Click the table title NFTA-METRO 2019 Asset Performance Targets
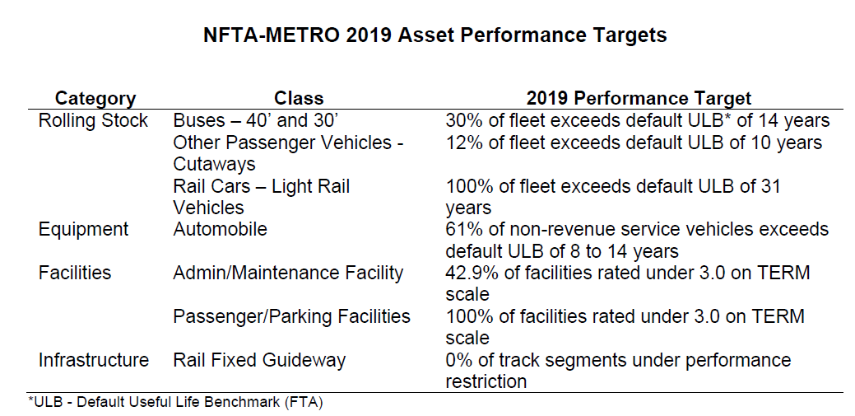[434, 36]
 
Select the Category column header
[95, 99]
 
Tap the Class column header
[299, 99]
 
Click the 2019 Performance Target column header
[639, 99]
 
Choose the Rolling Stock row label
[93, 121]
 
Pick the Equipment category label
[83, 229]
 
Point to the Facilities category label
[75, 273]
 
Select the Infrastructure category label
[93, 360]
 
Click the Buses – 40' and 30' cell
[249, 121]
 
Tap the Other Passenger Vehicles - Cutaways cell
[287, 153]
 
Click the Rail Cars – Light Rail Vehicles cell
[261, 197]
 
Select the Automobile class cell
[220, 229]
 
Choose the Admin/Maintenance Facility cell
[288, 273]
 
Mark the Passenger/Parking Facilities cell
[291, 316]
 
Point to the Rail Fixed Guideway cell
[259, 360]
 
